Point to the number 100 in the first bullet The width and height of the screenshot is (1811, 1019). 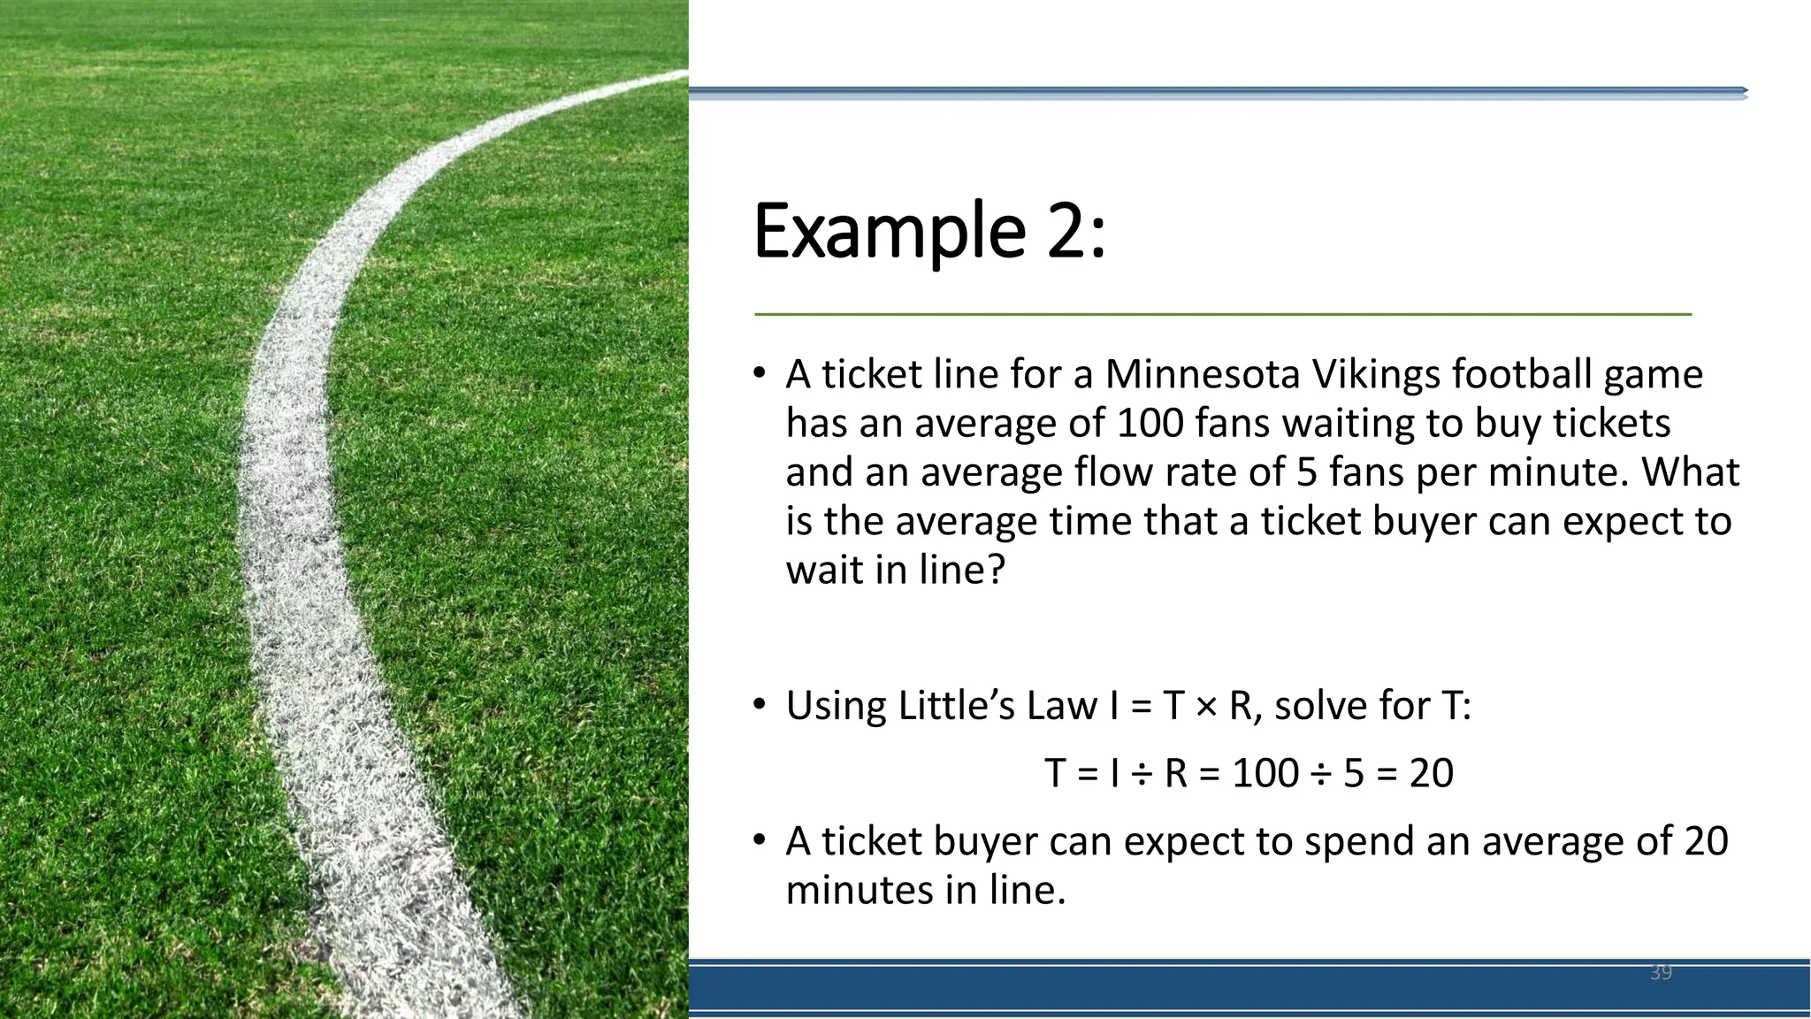pyautogui.click(x=1150, y=424)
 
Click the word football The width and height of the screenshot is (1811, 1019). pyautogui.click(x=1522, y=374)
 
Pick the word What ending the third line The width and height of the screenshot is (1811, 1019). pyautogui.click(x=1691, y=472)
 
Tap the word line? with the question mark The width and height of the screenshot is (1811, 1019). pyautogui.click(x=962, y=570)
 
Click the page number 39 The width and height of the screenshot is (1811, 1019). pyautogui.click(x=1661, y=973)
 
